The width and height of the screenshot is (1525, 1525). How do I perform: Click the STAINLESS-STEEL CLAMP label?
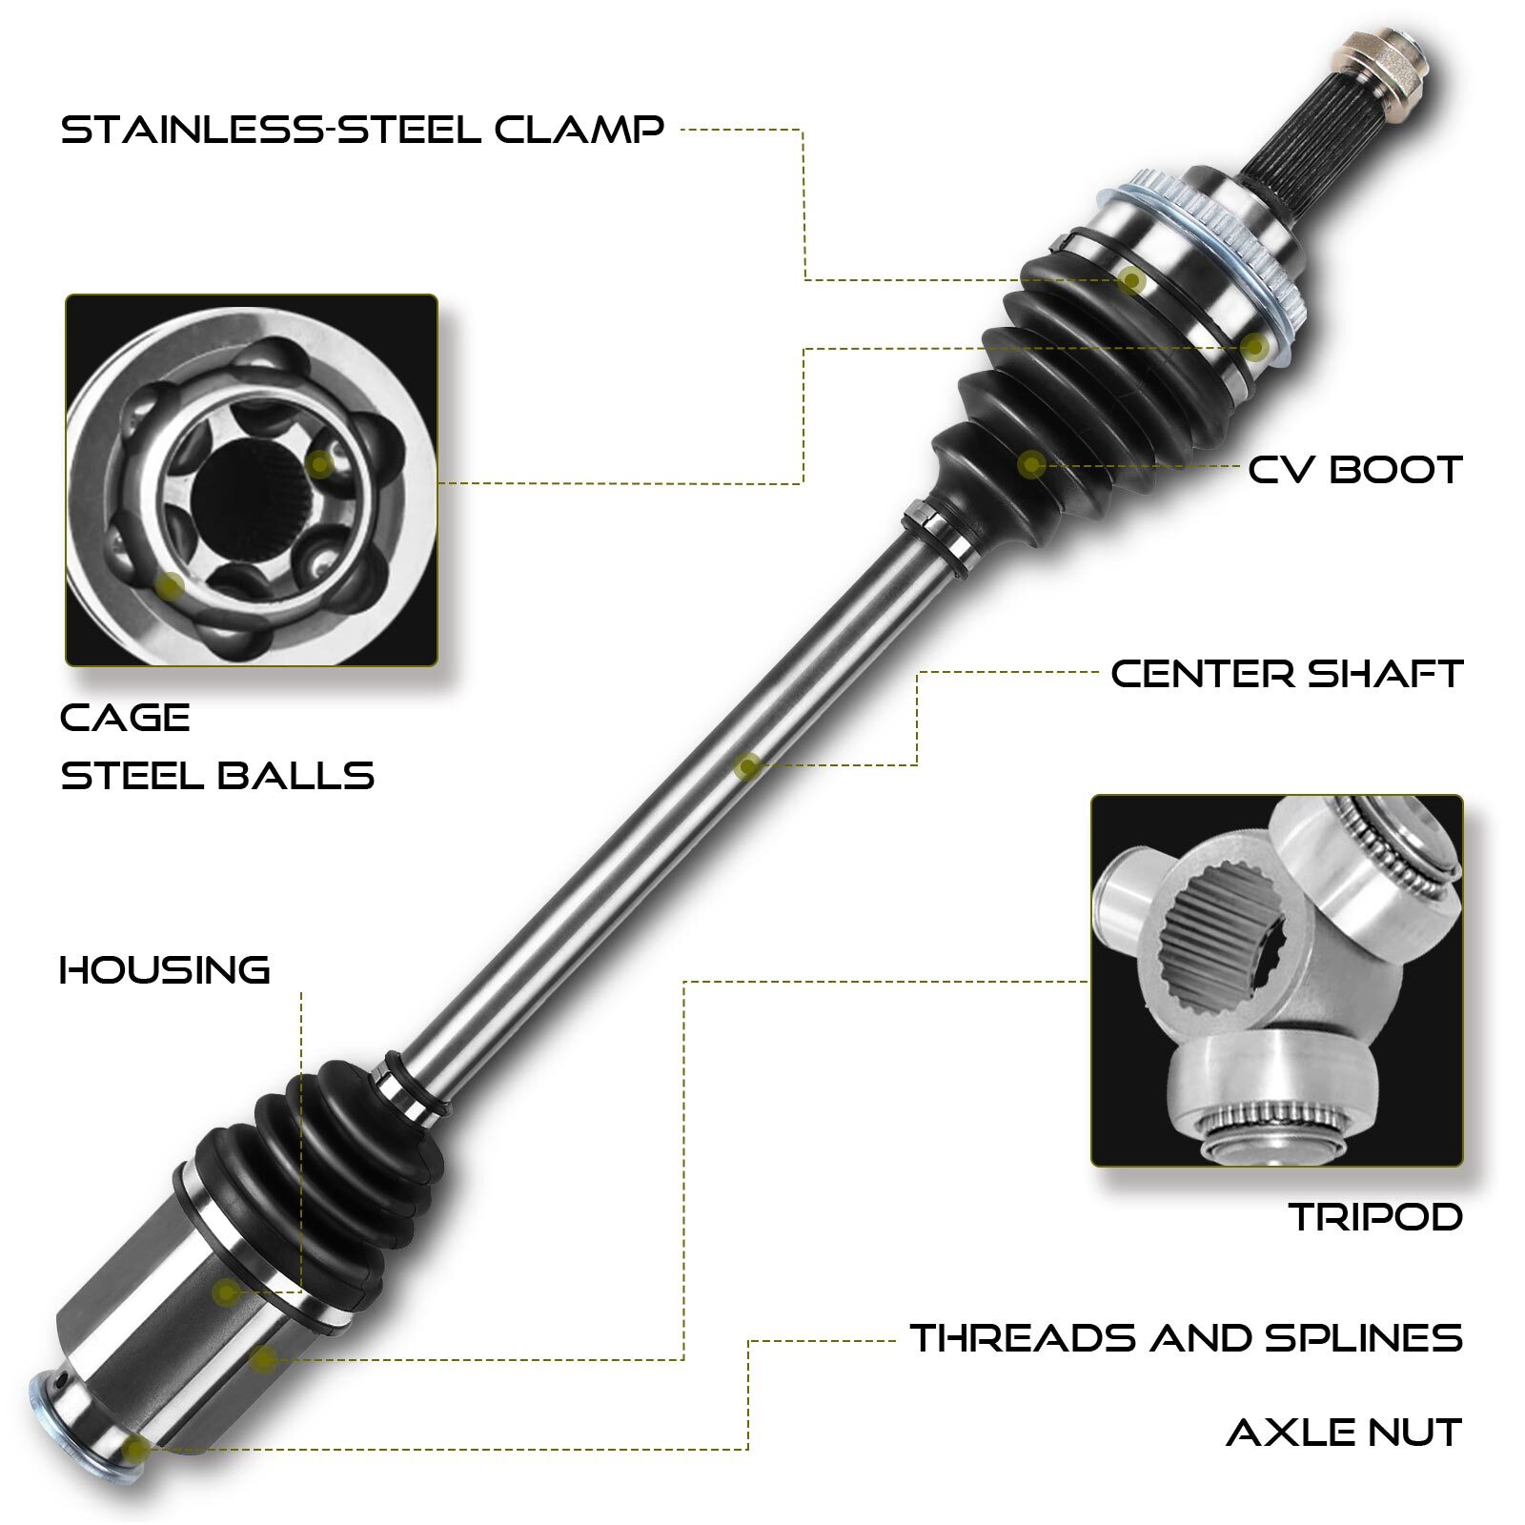(x=362, y=129)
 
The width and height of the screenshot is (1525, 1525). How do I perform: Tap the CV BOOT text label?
(x=1354, y=469)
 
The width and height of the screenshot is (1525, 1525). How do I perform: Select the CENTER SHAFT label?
(x=1286, y=674)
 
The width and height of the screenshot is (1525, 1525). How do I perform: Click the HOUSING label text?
(x=165, y=970)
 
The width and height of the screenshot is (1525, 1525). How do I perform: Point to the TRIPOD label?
(x=1374, y=1217)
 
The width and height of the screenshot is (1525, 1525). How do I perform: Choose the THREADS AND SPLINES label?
(x=1186, y=1338)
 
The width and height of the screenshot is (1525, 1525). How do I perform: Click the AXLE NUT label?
(x=1343, y=1433)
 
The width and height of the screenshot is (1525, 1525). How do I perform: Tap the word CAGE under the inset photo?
(x=125, y=718)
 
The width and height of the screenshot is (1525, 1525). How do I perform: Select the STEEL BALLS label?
(x=217, y=775)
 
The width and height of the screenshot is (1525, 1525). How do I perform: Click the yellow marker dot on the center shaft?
(x=748, y=765)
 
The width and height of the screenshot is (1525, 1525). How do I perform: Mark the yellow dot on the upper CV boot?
(x=1031, y=464)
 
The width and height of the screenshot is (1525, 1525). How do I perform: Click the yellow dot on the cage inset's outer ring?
(x=171, y=585)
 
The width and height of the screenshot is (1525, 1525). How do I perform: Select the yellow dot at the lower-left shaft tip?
(x=136, y=1450)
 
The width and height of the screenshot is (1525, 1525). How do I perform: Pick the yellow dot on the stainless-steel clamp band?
(x=1131, y=279)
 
